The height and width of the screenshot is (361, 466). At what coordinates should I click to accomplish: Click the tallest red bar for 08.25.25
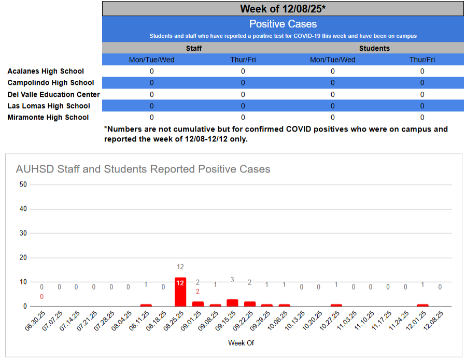click(180, 292)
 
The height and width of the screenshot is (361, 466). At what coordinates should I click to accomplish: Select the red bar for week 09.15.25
click(232, 303)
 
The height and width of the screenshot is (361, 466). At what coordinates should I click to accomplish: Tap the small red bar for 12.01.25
click(422, 305)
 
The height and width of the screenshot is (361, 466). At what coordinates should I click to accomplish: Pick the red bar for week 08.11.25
click(146, 305)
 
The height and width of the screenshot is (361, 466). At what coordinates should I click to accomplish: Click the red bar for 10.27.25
click(336, 305)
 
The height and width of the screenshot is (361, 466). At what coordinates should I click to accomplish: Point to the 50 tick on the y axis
click(22, 184)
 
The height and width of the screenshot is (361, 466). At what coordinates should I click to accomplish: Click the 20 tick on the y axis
click(22, 257)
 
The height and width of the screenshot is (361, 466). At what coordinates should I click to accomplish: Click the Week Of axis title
click(241, 343)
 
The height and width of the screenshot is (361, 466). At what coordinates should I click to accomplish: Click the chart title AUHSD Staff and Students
click(143, 169)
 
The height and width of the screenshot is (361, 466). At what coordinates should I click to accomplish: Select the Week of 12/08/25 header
click(283, 9)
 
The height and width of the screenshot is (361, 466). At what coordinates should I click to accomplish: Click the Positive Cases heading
click(283, 24)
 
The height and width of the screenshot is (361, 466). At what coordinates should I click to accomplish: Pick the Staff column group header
click(194, 48)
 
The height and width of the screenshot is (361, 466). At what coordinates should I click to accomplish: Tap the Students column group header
click(374, 48)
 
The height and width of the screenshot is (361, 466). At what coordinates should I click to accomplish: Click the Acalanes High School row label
click(46, 71)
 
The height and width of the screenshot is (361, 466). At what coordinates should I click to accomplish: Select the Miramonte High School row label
click(48, 117)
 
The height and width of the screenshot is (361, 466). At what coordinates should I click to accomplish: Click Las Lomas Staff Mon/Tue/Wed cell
click(152, 106)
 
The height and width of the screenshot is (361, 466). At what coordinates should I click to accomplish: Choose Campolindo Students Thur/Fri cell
click(422, 82)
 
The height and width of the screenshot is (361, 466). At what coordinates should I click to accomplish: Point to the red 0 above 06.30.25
click(41, 296)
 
